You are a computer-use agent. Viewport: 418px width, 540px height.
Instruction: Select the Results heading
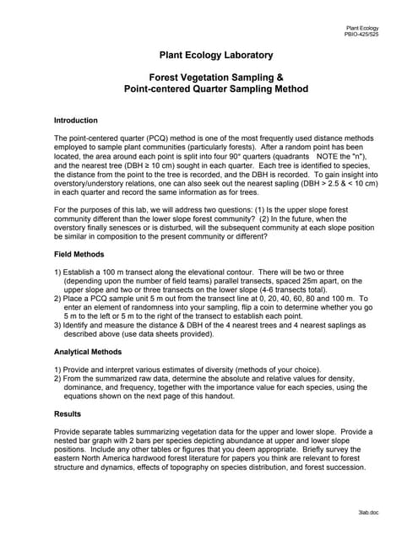click(x=68, y=414)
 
